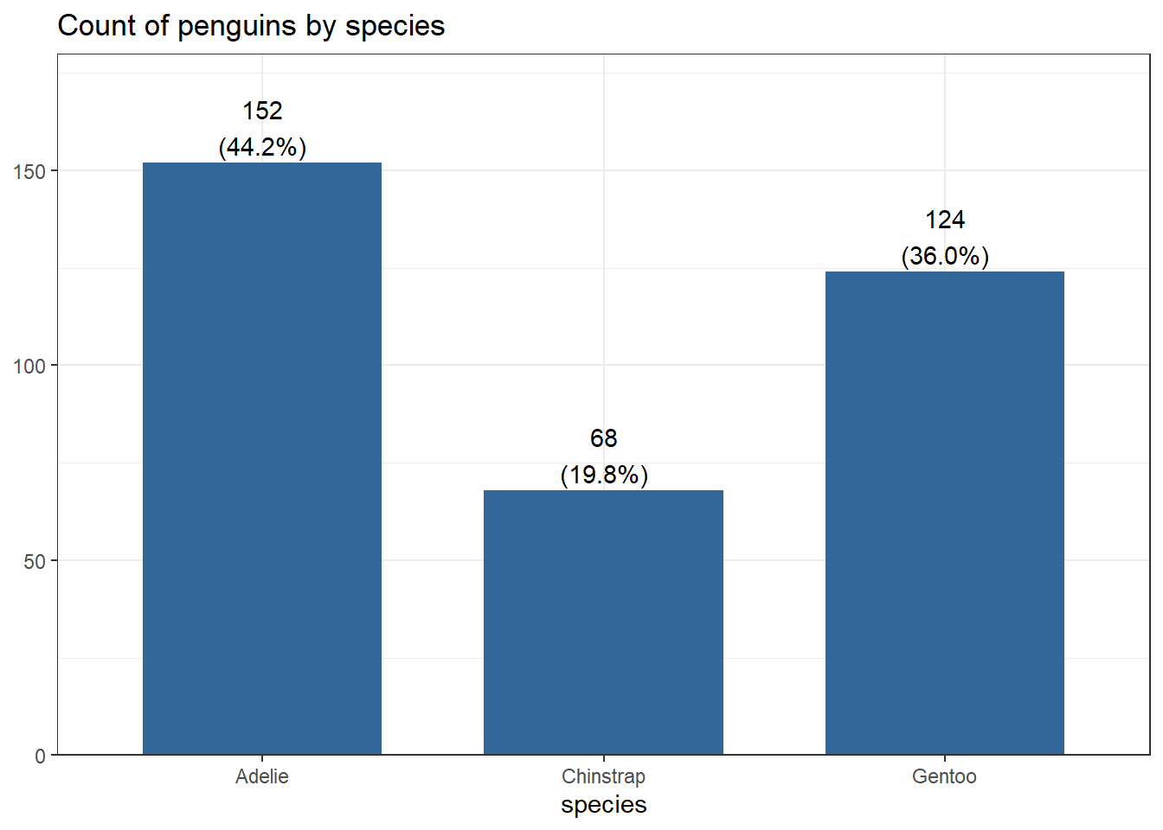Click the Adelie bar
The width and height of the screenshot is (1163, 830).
click(x=262, y=458)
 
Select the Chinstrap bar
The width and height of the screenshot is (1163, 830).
click(x=603, y=622)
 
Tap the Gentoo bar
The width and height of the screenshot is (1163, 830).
click(x=944, y=513)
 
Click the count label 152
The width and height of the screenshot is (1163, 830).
click(x=262, y=111)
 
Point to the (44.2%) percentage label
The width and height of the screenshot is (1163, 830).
click(x=262, y=147)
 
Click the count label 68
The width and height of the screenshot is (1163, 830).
click(x=603, y=438)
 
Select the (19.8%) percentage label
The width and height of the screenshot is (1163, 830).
click(x=603, y=475)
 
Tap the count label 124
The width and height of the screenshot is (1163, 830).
click(x=944, y=220)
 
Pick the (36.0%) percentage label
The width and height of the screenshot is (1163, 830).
click(x=944, y=256)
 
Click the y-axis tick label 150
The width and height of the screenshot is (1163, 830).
click(x=29, y=171)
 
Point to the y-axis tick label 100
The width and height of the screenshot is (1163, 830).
click(x=29, y=366)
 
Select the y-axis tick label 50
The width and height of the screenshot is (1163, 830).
click(x=35, y=561)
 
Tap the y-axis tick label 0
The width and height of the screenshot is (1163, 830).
click(x=40, y=757)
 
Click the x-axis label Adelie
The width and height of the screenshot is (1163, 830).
click(x=262, y=776)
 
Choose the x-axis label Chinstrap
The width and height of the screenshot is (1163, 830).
click(x=603, y=776)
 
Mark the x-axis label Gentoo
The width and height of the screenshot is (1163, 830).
click(x=944, y=776)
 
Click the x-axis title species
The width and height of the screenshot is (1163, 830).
click(x=603, y=805)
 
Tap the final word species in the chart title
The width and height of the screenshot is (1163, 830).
click(x=395, y=27)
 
